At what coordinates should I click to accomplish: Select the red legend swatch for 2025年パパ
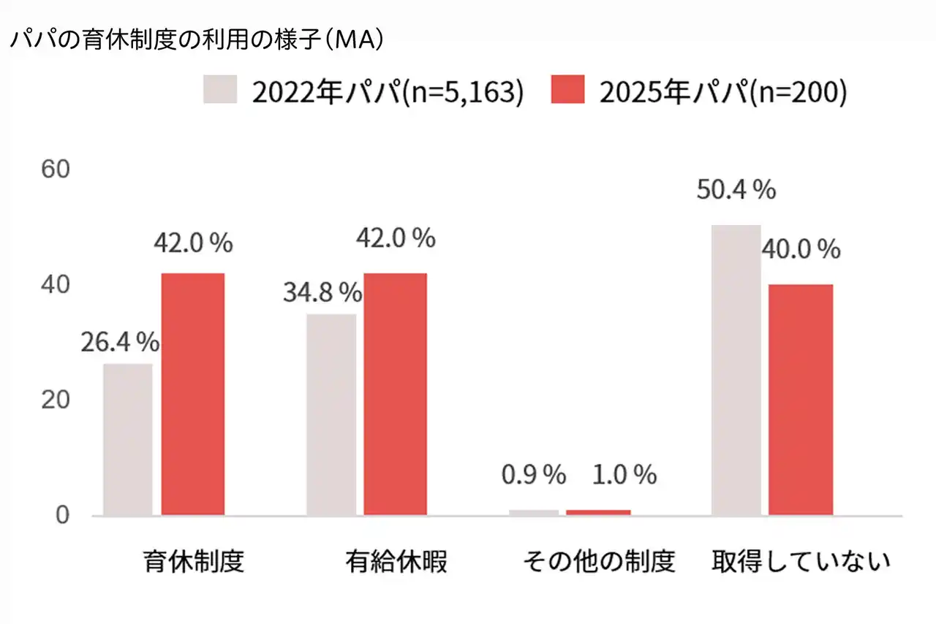pyautogui.click(x=567, y=90)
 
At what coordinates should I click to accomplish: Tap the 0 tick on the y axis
pyautogui.click(x=61, y=516)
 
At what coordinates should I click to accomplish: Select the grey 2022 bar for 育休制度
pyautogui.click(x=128, y=439)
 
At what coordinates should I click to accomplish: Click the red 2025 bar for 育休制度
pyautogui.click(x=193, y=395)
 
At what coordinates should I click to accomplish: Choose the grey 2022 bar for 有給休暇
pyautogui.click(x=331, y=415)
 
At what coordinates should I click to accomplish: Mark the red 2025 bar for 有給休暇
pyautogui.click(x=396, y=395)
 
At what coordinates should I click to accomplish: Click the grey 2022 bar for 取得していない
pyautogui.click(x=736, y=370)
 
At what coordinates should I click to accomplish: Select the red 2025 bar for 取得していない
pyautogui.click(x=801, y=400)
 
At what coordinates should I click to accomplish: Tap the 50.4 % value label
pyautogui.click(x=736, y=191)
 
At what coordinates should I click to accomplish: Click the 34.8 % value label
pyautogui.click(x=322, y=293)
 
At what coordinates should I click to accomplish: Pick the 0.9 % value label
pyautogui.click(x=534, y=476)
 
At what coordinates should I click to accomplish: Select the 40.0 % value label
pyautogui.click(x=801, y=250)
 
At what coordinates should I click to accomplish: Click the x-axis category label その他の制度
pyautogui.click(x=598, y=563)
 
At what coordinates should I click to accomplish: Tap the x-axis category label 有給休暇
pyautogui.click(x=396, y=563)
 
